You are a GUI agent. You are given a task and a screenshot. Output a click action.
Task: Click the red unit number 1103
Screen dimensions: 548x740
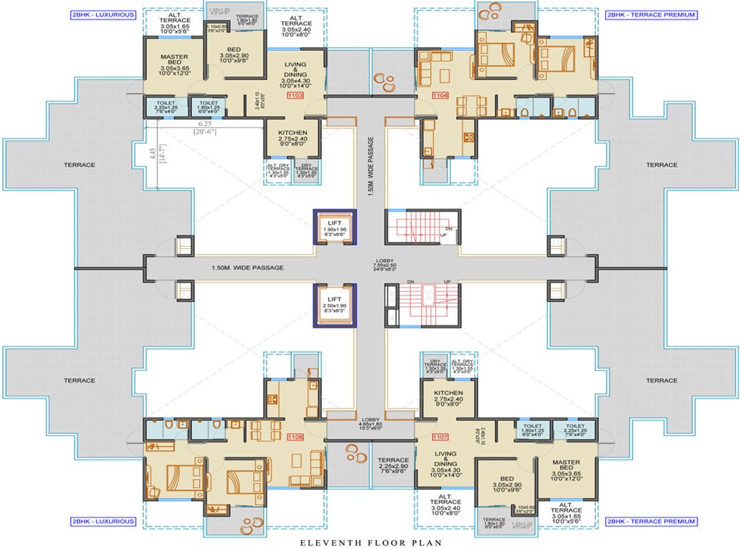pos(295,95)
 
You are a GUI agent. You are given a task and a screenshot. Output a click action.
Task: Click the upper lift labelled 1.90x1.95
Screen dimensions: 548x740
pos(334,228)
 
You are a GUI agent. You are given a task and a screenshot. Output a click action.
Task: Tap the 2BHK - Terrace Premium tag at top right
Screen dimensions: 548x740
pos(650,14)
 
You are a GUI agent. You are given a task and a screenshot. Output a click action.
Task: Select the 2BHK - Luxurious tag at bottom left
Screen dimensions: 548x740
pos(103,522)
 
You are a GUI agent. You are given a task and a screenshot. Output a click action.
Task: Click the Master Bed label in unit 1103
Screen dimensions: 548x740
pos(173,62)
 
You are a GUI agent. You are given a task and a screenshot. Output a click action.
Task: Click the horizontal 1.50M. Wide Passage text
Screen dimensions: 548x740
pos(248,268)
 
